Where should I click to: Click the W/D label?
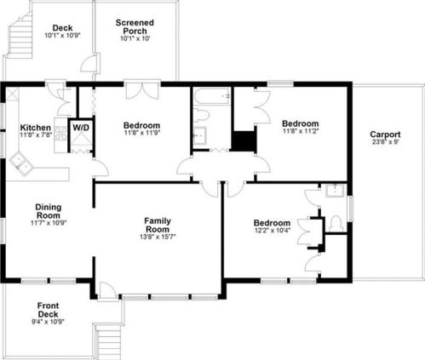pyautogui.click(x=81, y=128)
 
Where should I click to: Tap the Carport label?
pyautogui.click(x=385, y=134)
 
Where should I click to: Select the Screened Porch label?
pyautogui.click(x=135, y=26)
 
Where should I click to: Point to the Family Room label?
pyautogui.click(x=158, y=225)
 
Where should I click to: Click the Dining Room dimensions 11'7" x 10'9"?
pyautogui.click(x=49, y=223)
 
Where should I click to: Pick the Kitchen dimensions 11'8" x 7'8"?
pyautogui.click(x=36, y=134)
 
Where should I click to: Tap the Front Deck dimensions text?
pyautogui.click(x=48, y=322)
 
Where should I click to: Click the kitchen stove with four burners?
pyautogui.click(x=60, y=134)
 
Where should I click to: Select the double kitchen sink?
pyautogui.click(x=21, y=163)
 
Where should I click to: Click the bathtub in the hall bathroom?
pyautogui.click(x=212, y=96)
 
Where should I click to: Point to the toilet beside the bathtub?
pyautogui.click(x=201, y=116)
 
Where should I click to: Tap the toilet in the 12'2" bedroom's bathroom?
pyautogui.click(x=336, y=223)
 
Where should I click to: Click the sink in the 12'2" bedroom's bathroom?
pyautogui.click(x=335, y=191)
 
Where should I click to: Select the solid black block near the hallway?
pyautogui.click(x=244, y=141)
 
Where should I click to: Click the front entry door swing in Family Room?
pyautogui.click(x=106, y=290)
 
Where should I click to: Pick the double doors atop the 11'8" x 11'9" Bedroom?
pyautogui.click(x=142, y=91)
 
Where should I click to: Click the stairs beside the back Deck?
pyautogui.click(x=20, y=35)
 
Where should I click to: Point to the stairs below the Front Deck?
pyautogui.click(x=108, y=341)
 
